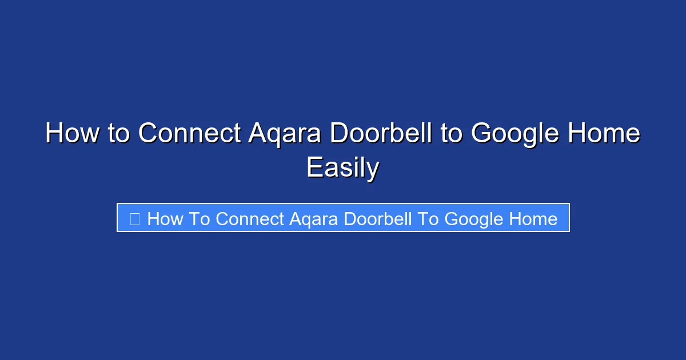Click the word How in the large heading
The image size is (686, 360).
coord(71,134)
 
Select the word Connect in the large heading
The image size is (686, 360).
coord(189,134)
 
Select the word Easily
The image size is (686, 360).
coord(343,169)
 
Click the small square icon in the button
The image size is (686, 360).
coord(135,219)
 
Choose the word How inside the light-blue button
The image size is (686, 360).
coord(165,219)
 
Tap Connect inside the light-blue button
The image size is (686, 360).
coord(250,219)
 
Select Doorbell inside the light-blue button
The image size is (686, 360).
coord(380,219)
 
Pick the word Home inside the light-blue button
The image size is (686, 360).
coord(534,219)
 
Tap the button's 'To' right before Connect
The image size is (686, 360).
coord(200,219)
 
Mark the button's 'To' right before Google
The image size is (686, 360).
coord(428,219)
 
